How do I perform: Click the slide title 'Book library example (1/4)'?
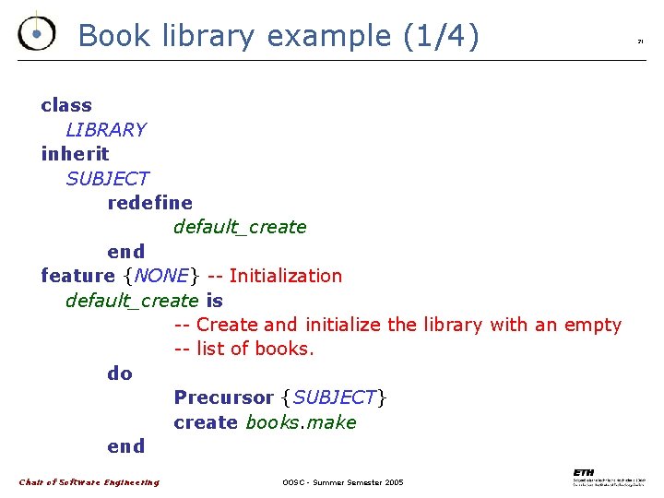coord(279,36)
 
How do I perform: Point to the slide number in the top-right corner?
coord(640,41)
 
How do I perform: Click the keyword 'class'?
coord(66,105)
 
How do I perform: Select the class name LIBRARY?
coord(106,130)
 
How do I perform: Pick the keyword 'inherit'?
coord(75,154)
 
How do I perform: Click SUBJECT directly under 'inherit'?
coord(107,178)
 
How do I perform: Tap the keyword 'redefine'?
coord(150,202)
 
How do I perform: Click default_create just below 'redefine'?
coord(240,227)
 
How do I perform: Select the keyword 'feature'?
coord(77,276)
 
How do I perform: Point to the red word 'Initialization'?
coord(285,276)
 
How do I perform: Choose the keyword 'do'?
coord(120,373)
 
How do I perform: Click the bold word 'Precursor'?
coord(223,397)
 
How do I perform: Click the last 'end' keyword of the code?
coord(126,446)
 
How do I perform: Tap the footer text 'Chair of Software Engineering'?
coord(89,481)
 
